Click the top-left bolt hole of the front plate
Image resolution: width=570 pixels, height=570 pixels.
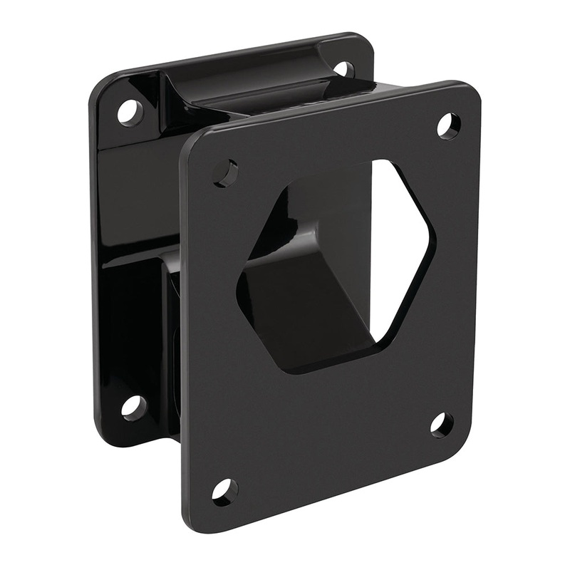pos(227,172)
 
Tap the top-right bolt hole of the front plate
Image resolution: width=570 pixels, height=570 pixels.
pos(448,126)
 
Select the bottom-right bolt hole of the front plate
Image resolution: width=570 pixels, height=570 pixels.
pos(442,425)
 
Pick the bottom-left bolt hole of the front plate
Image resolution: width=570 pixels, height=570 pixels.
pos(224,491)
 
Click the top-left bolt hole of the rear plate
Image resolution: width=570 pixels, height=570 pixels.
pos(130,112)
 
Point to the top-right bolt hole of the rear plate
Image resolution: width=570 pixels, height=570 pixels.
pos(343,69)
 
